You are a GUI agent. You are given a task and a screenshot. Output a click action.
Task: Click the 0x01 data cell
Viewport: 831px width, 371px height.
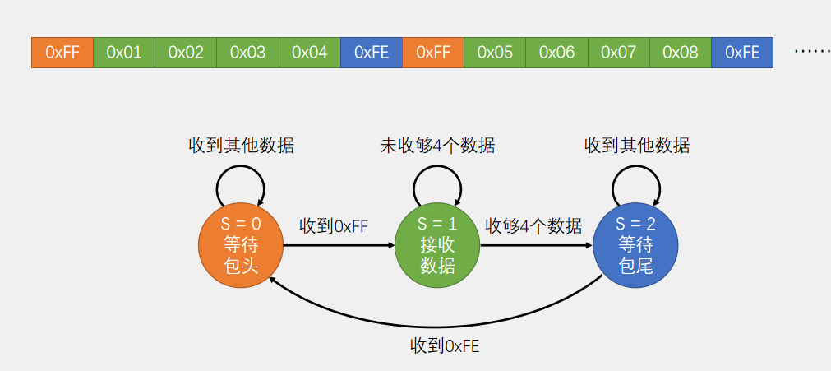(124, 53)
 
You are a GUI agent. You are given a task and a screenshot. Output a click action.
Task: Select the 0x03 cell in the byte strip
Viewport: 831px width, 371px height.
(247, 53)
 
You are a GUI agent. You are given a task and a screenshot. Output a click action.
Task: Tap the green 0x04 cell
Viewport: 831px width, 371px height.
(309, 53)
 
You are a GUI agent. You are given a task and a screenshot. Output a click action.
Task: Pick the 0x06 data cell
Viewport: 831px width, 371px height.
(556, 53)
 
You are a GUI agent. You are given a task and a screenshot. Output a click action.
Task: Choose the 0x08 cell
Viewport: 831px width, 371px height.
(680, 53)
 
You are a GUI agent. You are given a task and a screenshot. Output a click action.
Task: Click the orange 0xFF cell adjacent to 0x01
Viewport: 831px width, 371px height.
(62, 53)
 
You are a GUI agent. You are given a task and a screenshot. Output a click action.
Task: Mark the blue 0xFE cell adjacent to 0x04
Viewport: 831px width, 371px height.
(372, 53)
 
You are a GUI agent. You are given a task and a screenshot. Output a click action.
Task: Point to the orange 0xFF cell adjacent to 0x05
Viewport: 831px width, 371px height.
(433, 53)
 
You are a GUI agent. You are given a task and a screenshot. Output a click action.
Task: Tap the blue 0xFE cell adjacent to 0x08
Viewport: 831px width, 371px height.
(742, 53)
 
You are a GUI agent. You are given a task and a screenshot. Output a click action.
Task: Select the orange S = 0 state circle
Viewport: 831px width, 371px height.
(241, 244)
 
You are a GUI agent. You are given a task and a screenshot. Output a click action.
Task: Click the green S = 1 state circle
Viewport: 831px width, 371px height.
(437, 244)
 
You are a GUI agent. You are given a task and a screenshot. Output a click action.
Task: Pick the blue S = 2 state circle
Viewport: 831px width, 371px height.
(635, 244)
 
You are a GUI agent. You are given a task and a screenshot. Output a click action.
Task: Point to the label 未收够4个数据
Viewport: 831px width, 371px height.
(437, 146)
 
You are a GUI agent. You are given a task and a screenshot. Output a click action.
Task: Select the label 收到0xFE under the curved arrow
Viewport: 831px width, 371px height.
(444, 346)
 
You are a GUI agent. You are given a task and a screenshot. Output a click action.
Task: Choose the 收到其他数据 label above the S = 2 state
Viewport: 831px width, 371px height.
(637, 146)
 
